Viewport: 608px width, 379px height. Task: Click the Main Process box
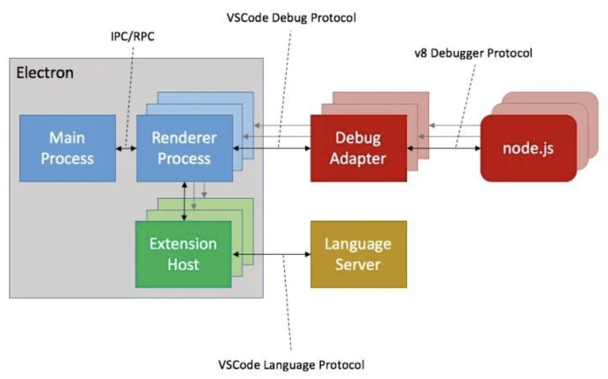tap(67, 148)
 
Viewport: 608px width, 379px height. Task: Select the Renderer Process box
tap(184, 148)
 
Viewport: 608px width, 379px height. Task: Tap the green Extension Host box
tap(183, 254)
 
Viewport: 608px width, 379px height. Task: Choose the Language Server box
tap(358, 254)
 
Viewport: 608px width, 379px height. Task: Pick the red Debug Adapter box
tap(358, 148)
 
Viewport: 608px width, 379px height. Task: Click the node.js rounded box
tap(528, 148)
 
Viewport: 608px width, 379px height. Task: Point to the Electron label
tap(45, 73)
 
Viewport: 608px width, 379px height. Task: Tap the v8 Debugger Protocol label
tap(473, 53)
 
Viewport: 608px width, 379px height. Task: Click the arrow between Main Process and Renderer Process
tap(126, 148)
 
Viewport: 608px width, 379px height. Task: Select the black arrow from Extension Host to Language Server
tap(271, 255)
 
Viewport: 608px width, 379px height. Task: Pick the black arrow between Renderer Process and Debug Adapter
tap(271, 148)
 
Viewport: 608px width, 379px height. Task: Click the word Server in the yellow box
tap(358, 264)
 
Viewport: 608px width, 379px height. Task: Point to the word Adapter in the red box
tap(358, 159)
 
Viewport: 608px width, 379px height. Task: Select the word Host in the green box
tap(183, 264)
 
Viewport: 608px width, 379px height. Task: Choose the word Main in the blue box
tap(67, 138)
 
